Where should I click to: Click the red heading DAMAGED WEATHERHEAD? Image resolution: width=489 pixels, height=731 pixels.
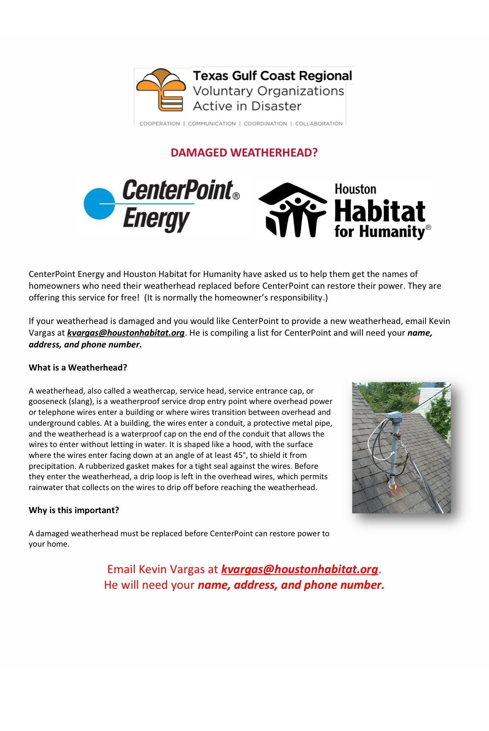[x=244, y=153]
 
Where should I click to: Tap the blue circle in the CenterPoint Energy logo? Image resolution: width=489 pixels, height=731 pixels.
[x=100, y=204]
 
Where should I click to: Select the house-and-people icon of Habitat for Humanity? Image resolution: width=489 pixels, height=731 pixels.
[x=292, y=210]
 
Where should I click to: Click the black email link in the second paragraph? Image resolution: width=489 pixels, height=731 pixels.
[x=126, y=333]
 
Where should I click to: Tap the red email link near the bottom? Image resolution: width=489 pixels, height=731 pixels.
[x=299, y=569]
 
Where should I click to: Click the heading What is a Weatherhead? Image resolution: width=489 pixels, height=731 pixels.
[x=78, y=367]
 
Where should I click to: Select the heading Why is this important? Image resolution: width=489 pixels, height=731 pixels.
[x=74, y=510]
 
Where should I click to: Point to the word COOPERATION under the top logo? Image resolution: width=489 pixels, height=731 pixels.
[x=160, y=124]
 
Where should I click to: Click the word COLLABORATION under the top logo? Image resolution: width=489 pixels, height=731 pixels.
[x=319, y=124]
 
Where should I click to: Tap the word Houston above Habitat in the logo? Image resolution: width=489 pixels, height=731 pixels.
[x=355, y=189]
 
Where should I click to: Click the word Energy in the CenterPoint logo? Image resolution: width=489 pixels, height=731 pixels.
[x=156, y=219]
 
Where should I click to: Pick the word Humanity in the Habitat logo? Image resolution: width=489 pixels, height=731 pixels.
[x=392, y=231]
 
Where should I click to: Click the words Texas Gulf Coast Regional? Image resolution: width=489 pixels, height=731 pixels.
[x=272, y=76]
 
